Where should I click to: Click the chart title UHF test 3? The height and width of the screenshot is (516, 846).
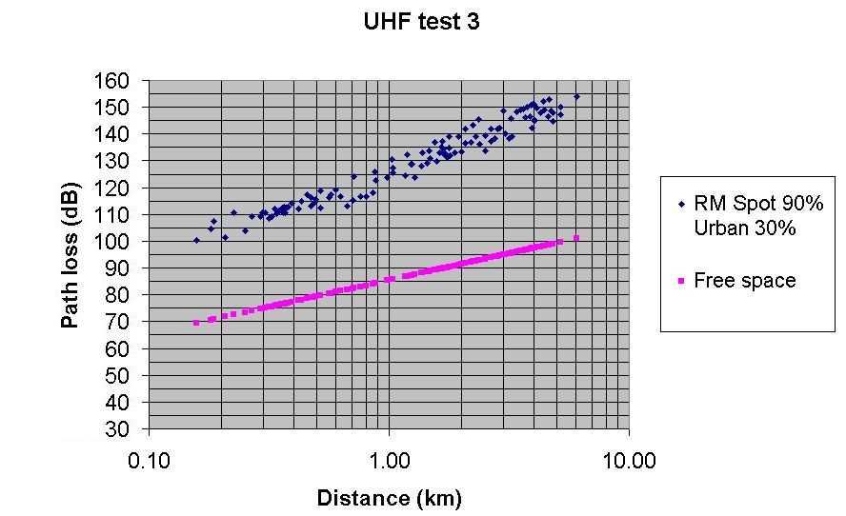point(421,22)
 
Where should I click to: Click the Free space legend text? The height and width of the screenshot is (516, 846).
point(744,281)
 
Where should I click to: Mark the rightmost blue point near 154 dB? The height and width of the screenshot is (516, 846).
point(577,96)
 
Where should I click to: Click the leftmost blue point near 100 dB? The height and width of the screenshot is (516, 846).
point(196,240)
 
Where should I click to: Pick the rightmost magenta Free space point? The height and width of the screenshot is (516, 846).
point(576,238)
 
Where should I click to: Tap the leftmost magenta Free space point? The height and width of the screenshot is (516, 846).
point(196,323)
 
